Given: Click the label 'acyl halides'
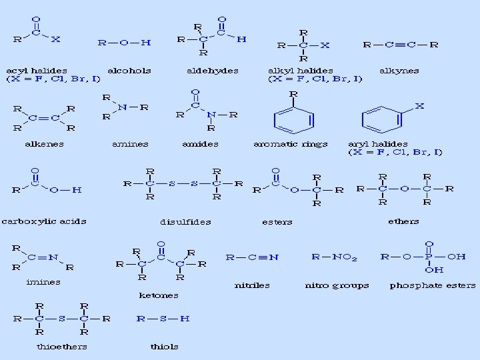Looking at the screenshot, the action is pyautogui.click(x=36, y=70).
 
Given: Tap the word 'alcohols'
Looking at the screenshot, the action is pyautogui.click(x=129, y=70).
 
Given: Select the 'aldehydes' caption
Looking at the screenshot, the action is pyautogui.click(x=213, y=70).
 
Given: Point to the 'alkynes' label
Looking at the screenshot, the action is pyautogui.click(x=399, y=70).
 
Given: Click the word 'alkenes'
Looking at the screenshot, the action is pyautogui.click(x=44, y=143).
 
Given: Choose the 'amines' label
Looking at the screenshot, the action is pyautogui.click(x=130, y=143).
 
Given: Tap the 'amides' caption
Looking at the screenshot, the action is pyautogui.click(x=200, y=143).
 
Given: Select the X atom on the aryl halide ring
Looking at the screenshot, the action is pyautogui.click(x=419, y=106).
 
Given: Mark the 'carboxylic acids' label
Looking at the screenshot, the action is pyautogui.click(x=43, y=221).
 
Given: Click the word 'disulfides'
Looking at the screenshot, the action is pyautogui.click(x=185, y=221).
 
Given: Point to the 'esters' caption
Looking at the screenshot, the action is pyautogui.click(x=277, y=221).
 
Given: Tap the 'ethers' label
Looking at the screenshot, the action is pyautogui.click(x=403, y=221).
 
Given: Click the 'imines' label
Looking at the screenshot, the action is pyautogui.click(x=43, y=281).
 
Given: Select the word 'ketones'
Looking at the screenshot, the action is pyautogui.click(x=159, y=294).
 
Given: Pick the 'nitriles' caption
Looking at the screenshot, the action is pyautogui.click(x=252, y=285).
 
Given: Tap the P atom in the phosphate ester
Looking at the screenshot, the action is pyautogui.click(x=429, y=257).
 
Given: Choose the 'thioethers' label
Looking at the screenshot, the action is pyautogui.click(x=61, y=346).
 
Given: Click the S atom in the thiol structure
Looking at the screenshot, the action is pyautogui.click(x=163, y=319).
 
